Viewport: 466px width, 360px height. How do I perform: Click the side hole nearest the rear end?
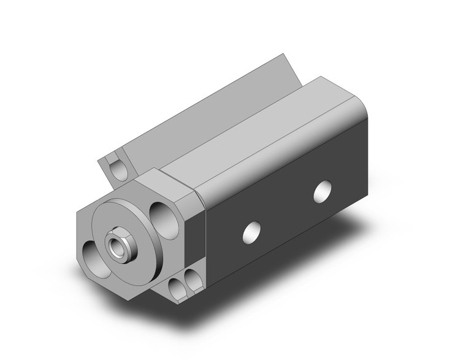point(321,192)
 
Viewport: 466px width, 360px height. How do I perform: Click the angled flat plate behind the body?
point(202,110)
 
